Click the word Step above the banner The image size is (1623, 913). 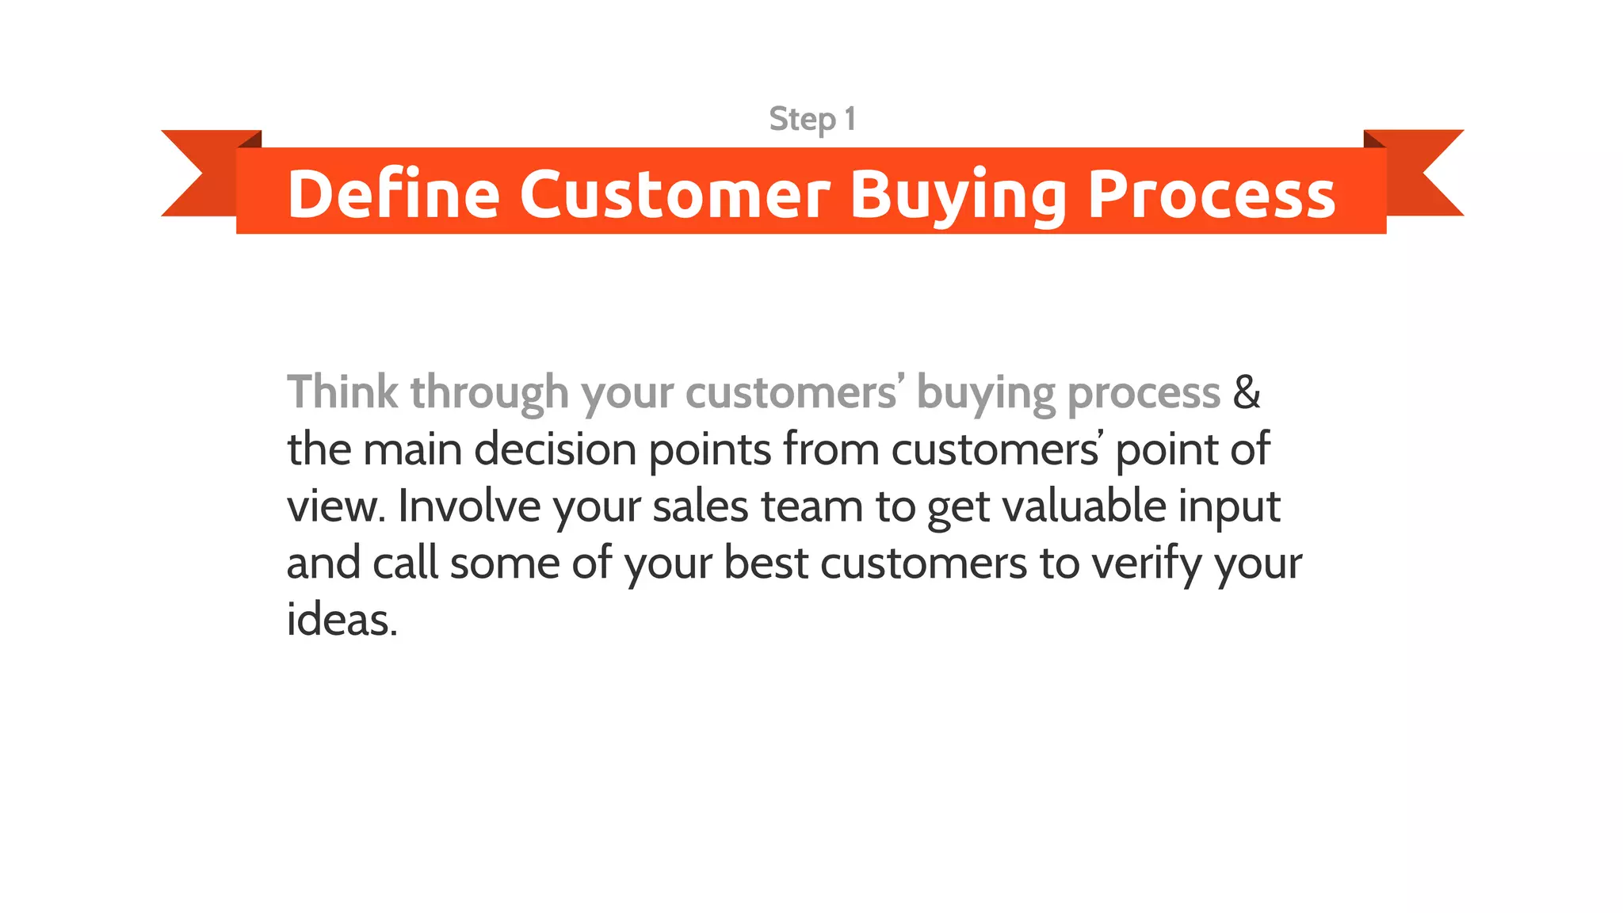click(802, 120)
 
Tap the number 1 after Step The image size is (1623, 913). click(850, 119)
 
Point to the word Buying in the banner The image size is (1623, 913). click(958, 195)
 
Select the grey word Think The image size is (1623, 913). click(342, 392)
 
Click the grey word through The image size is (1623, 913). click(489, 393)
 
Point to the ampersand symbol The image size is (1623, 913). click(1247, 392)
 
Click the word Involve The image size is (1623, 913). click(469, 506)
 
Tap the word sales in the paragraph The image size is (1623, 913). click(700, 506)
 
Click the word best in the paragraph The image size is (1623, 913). click(766, 563)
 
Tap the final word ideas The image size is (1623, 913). click(341, 620)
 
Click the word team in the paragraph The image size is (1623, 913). click(811, 506)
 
